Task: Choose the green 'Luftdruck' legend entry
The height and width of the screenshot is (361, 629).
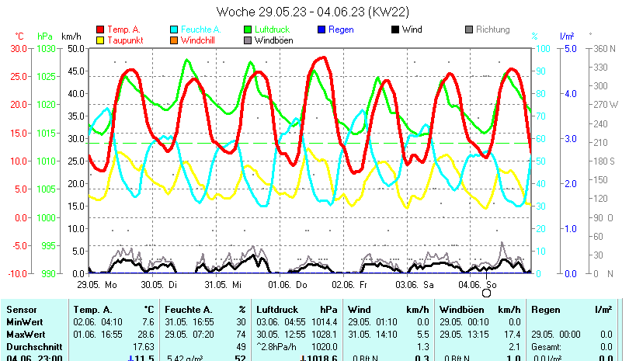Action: coord(272,30)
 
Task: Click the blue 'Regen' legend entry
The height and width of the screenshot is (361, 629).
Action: coord(341,30)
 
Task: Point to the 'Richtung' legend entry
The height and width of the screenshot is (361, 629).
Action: coord(493,30)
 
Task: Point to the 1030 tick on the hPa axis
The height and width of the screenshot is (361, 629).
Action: coord(45,48)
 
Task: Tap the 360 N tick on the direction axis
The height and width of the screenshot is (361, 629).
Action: coord(604,48)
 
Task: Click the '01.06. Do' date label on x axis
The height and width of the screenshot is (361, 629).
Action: coord(292,285)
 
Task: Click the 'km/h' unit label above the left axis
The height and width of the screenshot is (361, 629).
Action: coord(71,36)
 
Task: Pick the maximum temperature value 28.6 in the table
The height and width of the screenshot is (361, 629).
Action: coord(145,334)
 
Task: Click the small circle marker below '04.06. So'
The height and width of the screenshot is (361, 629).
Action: coord(487,293)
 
